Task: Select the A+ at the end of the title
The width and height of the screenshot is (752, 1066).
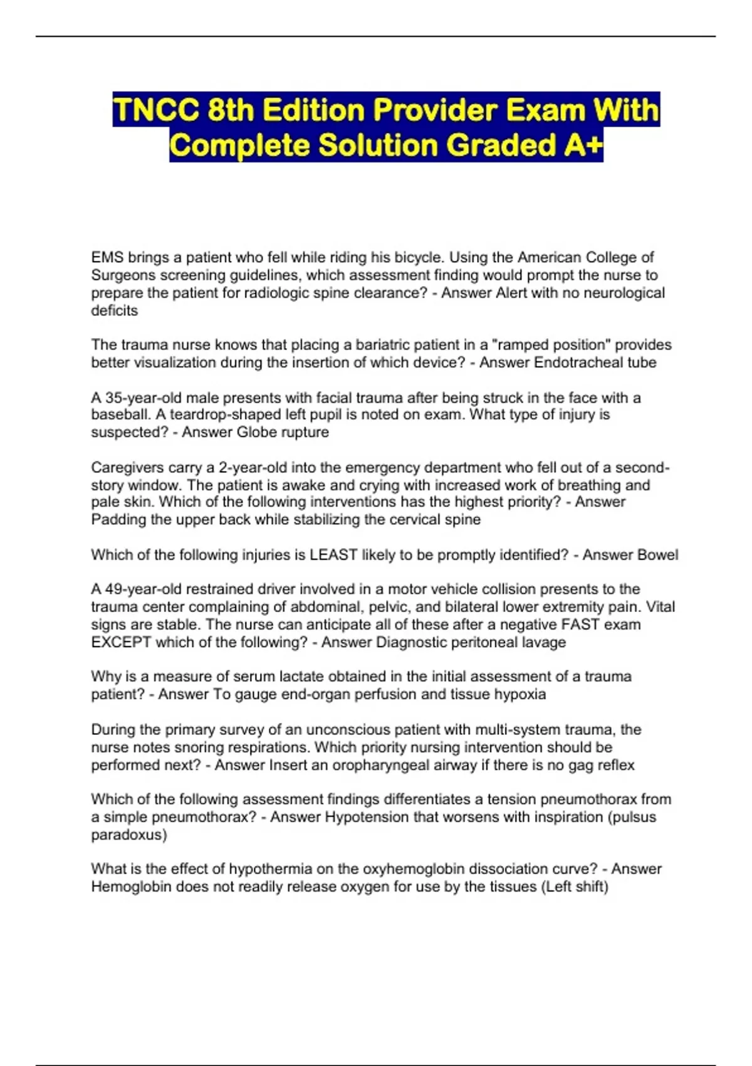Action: (582, 145)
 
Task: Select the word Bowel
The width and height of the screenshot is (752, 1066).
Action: (657, 555)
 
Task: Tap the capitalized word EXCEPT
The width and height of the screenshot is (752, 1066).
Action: (121, 642)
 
